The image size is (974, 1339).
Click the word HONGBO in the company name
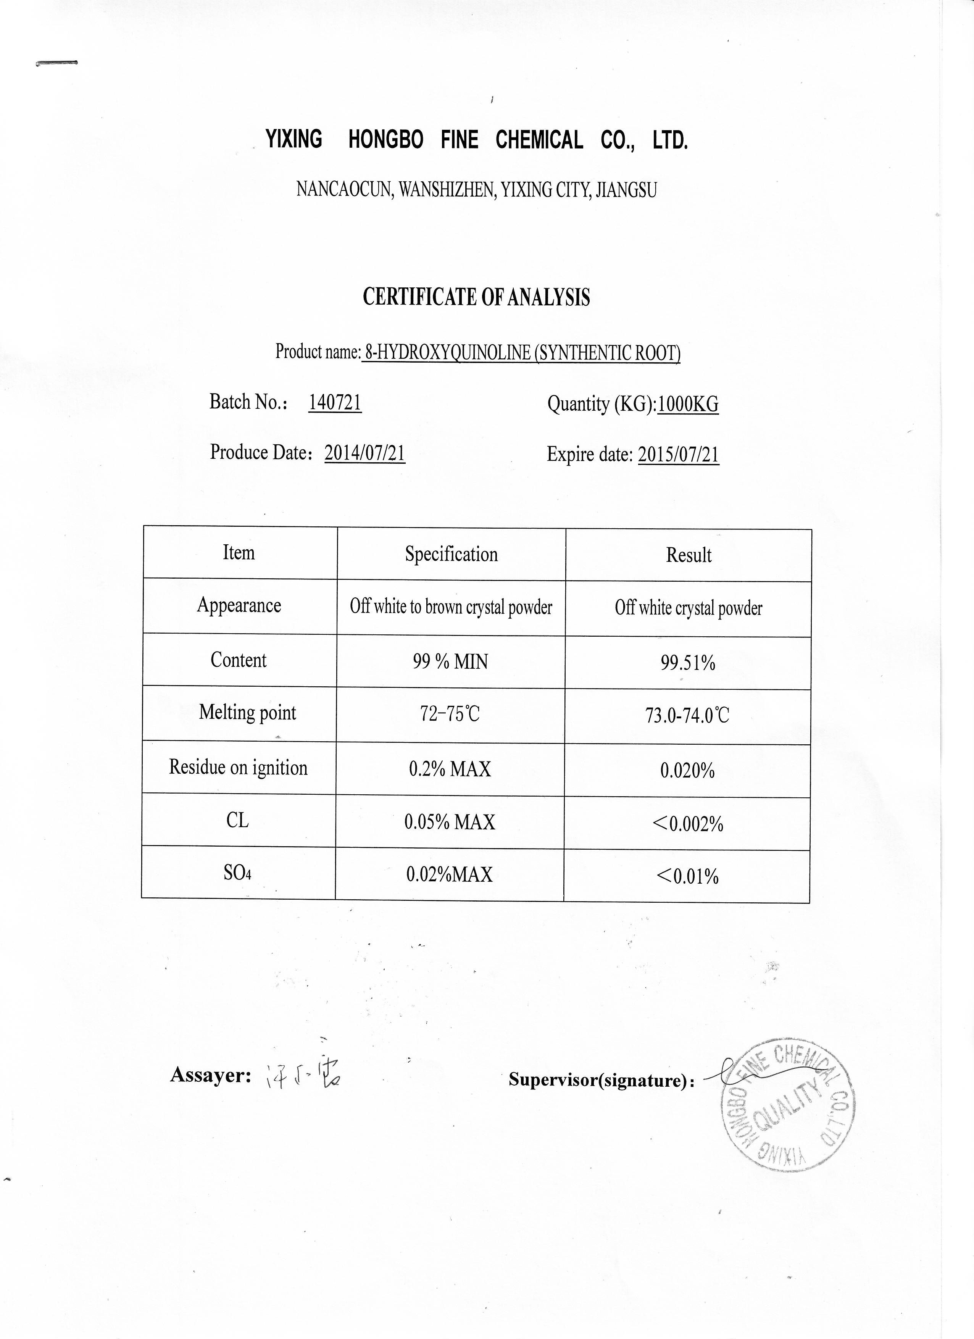coord(385,140)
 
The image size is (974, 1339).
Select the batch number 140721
coord(335,403)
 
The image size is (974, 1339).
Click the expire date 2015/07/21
coord(678,455)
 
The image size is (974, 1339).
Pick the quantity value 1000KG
coord(688,405)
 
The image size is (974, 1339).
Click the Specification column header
coord(451,554)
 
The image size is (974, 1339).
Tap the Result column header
coord(688,555)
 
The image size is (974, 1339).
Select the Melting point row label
coord(247,713)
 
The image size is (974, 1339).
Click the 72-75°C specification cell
coord(450,715)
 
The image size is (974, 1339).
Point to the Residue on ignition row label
coord(239,768)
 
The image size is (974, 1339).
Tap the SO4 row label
coord(237,873)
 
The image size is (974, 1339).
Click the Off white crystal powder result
coord(688,608)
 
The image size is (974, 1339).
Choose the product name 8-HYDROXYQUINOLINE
coord(447,353)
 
